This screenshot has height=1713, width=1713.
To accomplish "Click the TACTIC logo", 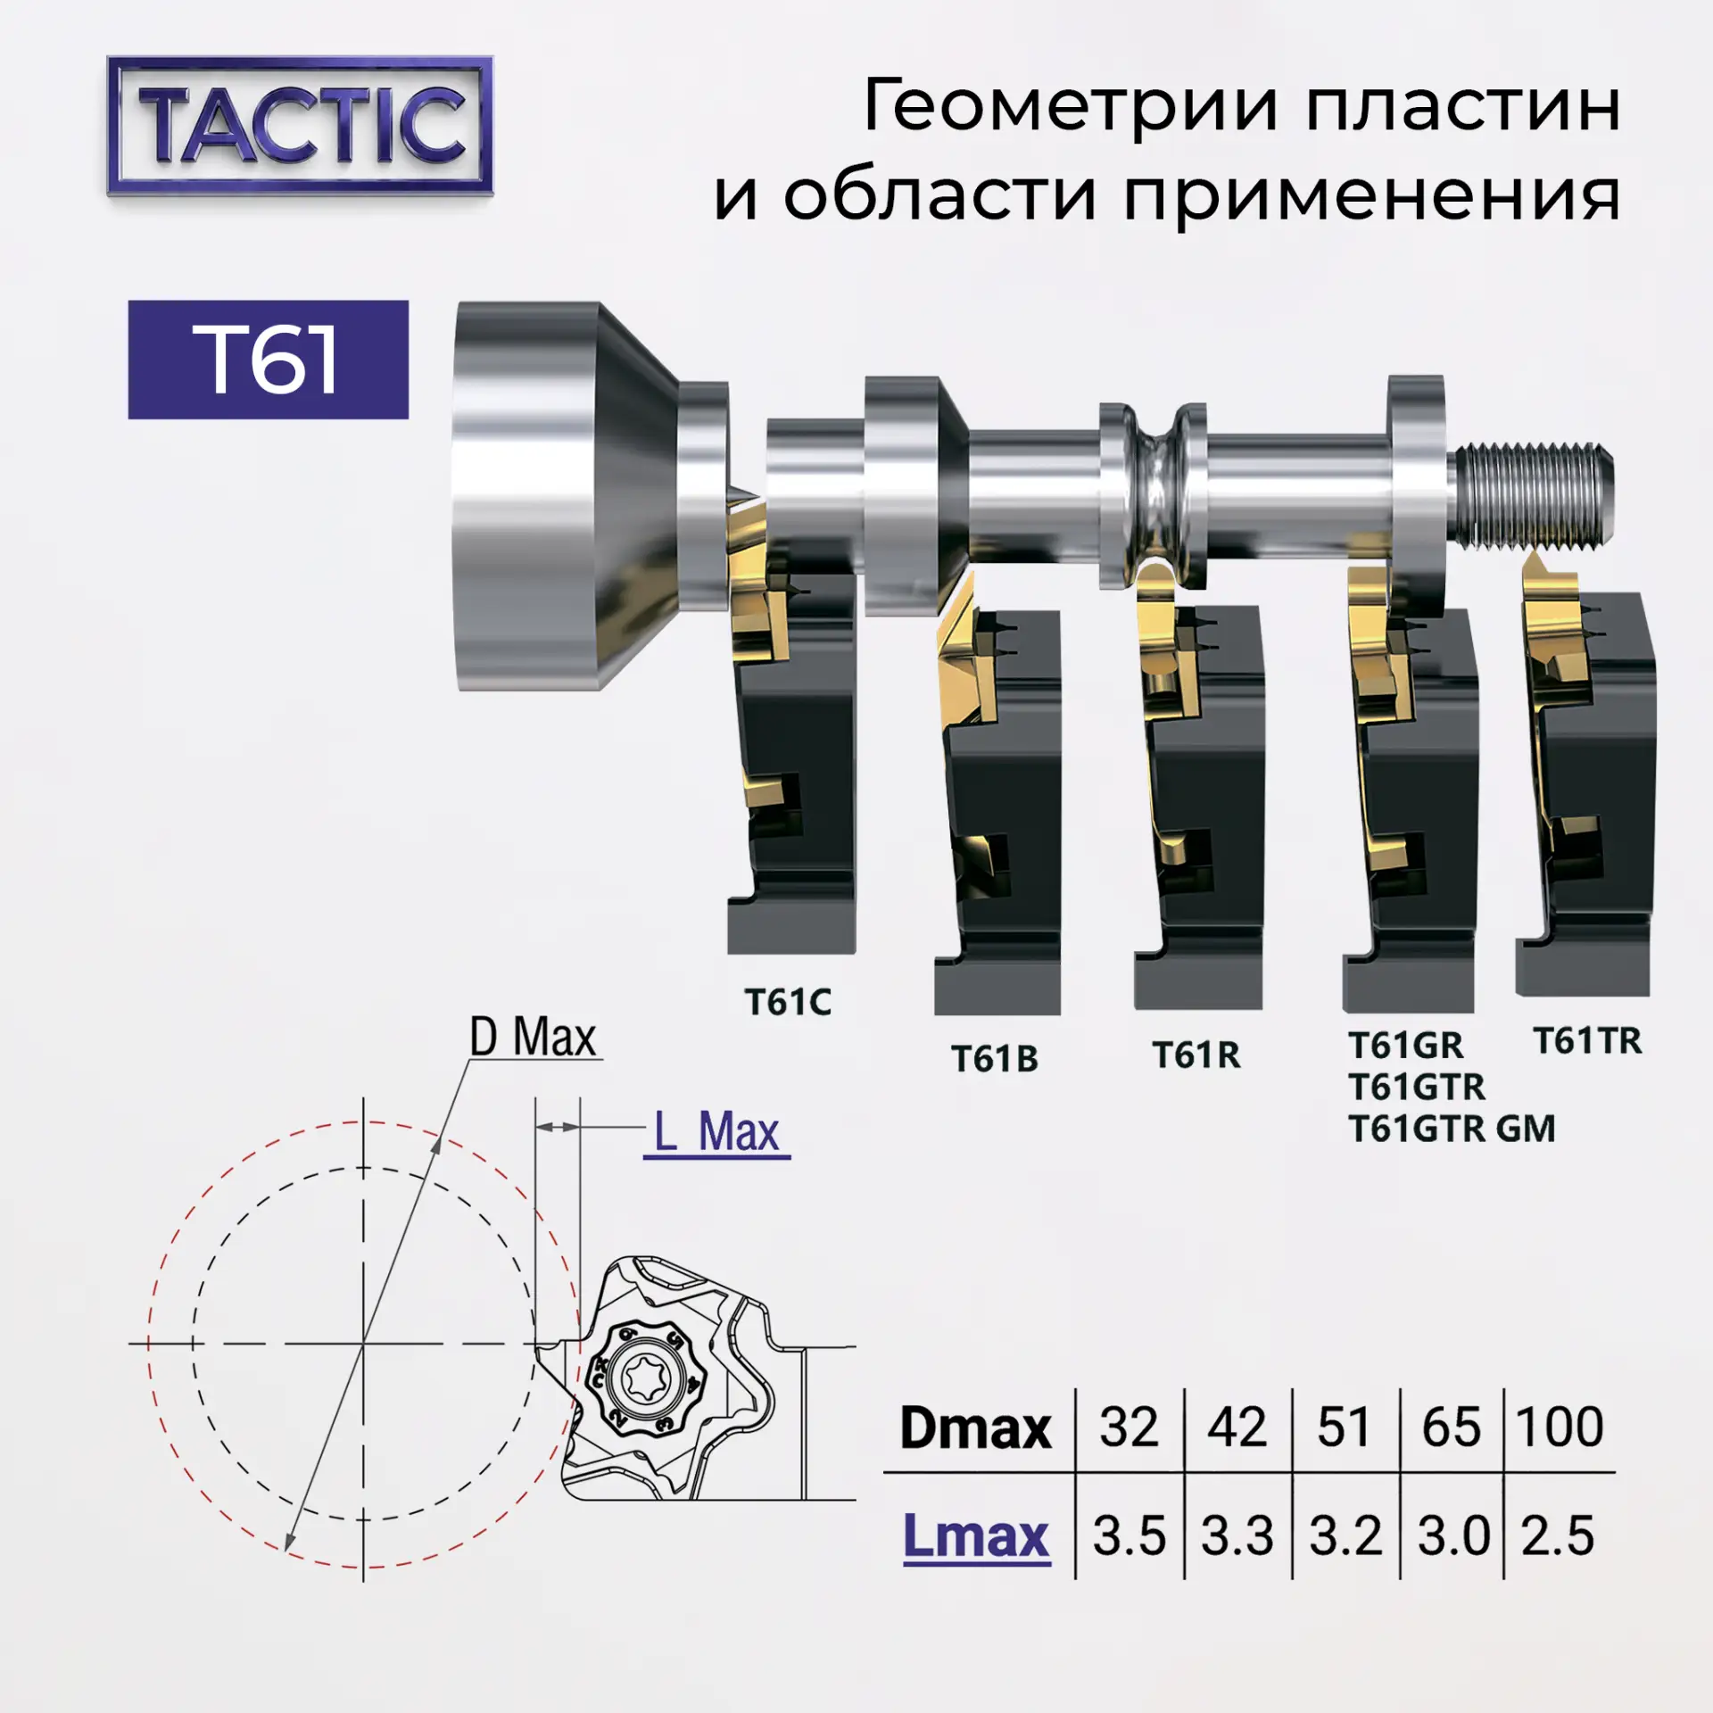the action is (x=300, y=126).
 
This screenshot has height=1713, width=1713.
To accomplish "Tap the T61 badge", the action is (x=269, y=360).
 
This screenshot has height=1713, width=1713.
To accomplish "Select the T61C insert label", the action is (x=788, y=1002).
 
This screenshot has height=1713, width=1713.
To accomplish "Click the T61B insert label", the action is (x=995, y=1059).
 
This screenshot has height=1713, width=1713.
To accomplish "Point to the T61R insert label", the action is (x=1196, y=1055).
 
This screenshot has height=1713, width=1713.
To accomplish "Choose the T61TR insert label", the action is (x=1587, y=1040).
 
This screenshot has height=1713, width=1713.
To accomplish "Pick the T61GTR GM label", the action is (x=1452, y=1129).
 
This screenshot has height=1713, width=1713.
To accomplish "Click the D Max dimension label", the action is (x=533, y=1038).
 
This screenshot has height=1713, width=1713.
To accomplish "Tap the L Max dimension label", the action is (x=717, y=1131).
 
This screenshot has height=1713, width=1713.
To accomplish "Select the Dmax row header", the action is (x=975, y=1427).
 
